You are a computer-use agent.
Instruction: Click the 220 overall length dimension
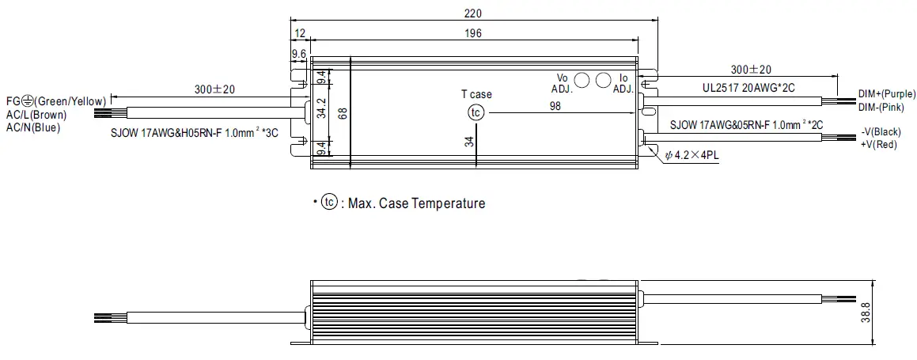click(x=474, y=13)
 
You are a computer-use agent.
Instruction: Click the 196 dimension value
click(x=474, y=34)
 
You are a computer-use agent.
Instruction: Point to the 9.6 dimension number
click(x=299, y=54)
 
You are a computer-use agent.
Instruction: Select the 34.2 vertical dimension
click(x=321, y=108)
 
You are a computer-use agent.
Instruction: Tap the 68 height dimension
click(x=343, y=113)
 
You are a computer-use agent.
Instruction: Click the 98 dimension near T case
click(x=555, y=106)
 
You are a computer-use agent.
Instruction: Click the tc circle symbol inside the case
click(x=476, y=112)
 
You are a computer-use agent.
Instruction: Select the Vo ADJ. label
click(x=563, y=83)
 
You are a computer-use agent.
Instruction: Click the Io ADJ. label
click(x=623, y=83)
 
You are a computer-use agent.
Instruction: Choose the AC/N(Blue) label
click(x=33, y=127)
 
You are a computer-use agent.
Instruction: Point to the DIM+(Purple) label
click(x=886, y=93)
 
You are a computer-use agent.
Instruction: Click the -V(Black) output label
click(x=880, y=132)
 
